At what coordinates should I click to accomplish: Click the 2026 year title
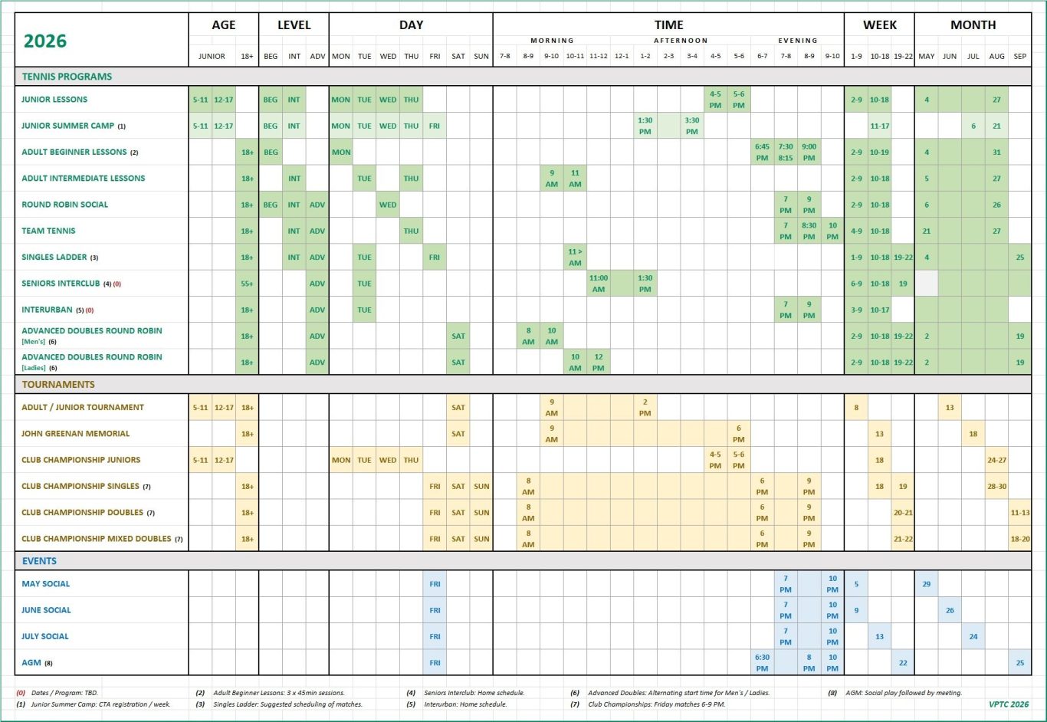coord(45,41)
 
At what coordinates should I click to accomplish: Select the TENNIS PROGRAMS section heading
coord(67,77)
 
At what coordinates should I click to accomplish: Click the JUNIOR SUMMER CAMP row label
coord(68,126)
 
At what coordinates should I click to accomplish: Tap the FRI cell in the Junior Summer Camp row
coord(435,126)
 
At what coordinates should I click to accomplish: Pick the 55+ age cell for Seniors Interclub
coord(247,284)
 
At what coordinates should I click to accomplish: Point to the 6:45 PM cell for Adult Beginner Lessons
coord(762,152)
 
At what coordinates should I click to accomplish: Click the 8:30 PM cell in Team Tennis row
coord(809,231)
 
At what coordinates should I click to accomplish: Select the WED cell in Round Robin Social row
coord(388,205)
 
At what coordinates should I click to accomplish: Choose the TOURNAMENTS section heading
coord(58,385)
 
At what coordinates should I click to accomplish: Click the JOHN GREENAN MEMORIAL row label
coord(75,434)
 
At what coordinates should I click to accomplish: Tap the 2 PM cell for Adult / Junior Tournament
coord(645,407)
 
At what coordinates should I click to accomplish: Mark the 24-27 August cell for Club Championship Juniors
coord(996,460)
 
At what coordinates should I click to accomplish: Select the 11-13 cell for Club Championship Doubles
coord(1020,513)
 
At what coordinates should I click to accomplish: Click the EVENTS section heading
coord(39,561)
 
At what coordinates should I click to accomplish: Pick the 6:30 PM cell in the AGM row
coord(762,663)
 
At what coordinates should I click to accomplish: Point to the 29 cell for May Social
coord(926,584)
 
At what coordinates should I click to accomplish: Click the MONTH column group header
coord(973,25)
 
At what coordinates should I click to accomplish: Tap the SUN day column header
coord(481,56)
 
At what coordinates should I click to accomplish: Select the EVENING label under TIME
coord(797,41)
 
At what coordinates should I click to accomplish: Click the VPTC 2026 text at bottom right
coord(1009,704)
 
